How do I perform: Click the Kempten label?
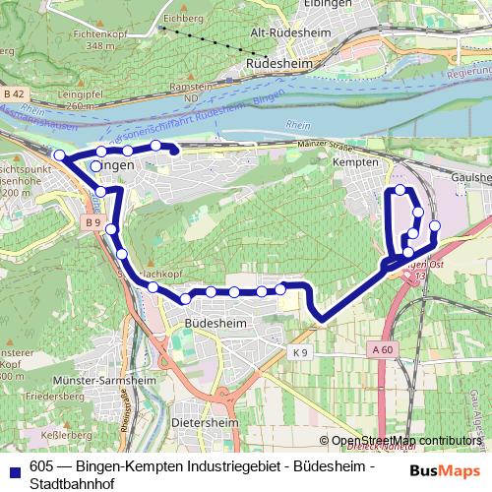(355, 160)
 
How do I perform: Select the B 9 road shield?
(92, 223)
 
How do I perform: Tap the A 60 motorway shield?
(383, 348)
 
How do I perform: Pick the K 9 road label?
(300, 351)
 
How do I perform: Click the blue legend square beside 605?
(13, 468)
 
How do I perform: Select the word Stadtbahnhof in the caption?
(70, 483)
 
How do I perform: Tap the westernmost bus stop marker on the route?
(59, 155)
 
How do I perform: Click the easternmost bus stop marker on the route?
(435, 227)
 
